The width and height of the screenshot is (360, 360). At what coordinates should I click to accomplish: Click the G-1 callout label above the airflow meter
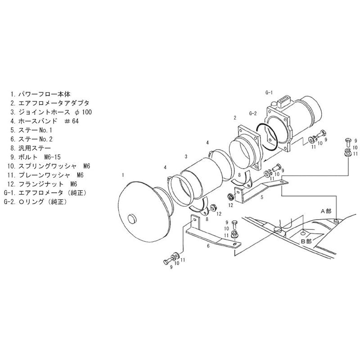(269, 93)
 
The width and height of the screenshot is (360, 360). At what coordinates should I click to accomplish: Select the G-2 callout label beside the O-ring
(253, 113)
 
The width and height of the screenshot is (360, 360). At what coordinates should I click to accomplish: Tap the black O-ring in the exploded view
(269, 137)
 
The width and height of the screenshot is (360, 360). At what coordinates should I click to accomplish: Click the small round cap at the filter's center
(132, 219)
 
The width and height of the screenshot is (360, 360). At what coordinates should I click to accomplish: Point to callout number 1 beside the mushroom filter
(123, 175)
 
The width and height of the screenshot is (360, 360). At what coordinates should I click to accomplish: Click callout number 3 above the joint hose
(186, 157)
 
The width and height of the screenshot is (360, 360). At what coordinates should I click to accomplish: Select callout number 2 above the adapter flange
(235, 118)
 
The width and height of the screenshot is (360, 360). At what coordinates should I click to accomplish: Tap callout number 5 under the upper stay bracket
(262, 197)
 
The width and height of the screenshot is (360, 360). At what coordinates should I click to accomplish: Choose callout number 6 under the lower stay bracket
(208, 246)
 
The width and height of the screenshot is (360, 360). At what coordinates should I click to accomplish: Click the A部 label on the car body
(326, 211)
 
